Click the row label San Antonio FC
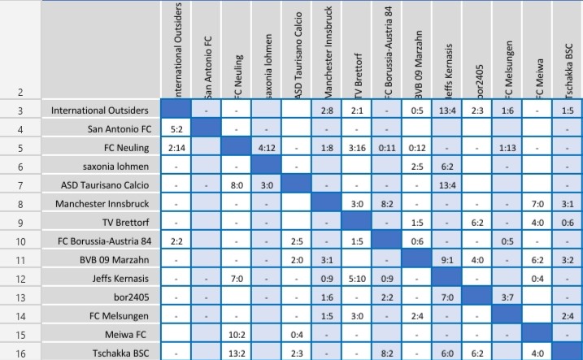pyautogui.click(x=119, y=128)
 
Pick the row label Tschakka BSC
pyautogui.click(x=116, y=353)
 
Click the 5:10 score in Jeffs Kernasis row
pyautogui.click(x=357, y=278)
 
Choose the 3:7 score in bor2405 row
pyautogui.click(x=507, y=297)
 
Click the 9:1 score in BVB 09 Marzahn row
pyautogui.click(x=447, y=259)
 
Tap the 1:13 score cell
pyautogui.click(x=507, y=147)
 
